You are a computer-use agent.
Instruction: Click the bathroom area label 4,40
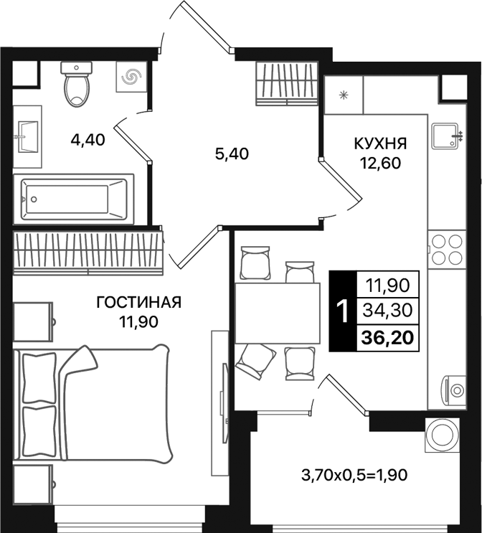click(x=88, y=140)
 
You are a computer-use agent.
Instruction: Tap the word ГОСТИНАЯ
click(x=139, y=302)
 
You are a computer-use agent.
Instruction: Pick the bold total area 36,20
click(x=387, y=336)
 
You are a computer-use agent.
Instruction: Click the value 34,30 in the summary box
click(x=387, y=311)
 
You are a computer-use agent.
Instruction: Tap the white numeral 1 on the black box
click(x=343, y=311)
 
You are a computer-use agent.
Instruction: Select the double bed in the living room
click(x=93, y=402)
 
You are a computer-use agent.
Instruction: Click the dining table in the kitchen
click(x=277, y=312)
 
